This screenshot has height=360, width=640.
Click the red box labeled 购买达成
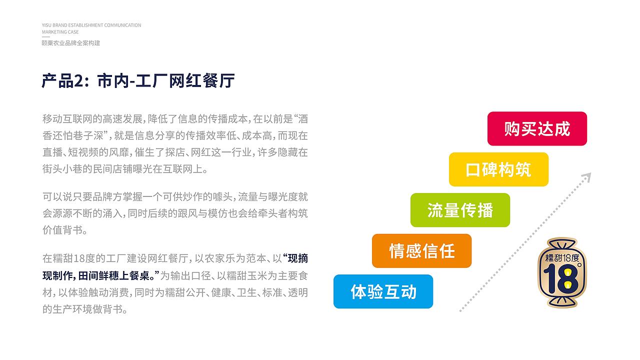(x=537, y=128)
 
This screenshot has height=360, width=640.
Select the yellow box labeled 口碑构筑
(x=498, y=169)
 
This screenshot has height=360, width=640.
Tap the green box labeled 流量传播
(x=460, y=210)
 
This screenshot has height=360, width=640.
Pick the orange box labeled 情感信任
(x=421, y=251)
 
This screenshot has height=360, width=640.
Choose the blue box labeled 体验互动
(x=383, y=291)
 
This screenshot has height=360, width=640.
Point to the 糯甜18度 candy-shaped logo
(x=562, y=272)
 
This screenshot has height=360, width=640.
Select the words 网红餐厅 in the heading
(x=201, y=81)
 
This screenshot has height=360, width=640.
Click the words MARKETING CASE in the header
(x=60, y=32)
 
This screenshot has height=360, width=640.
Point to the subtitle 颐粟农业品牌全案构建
(x=71, y=43)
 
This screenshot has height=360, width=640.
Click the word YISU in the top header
(x=46, y=25)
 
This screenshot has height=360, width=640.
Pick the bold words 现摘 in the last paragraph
(x=297, y=258)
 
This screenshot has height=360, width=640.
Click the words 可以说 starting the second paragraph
(x=57, y=197)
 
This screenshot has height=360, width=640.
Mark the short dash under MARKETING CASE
(x=45, y=37)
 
